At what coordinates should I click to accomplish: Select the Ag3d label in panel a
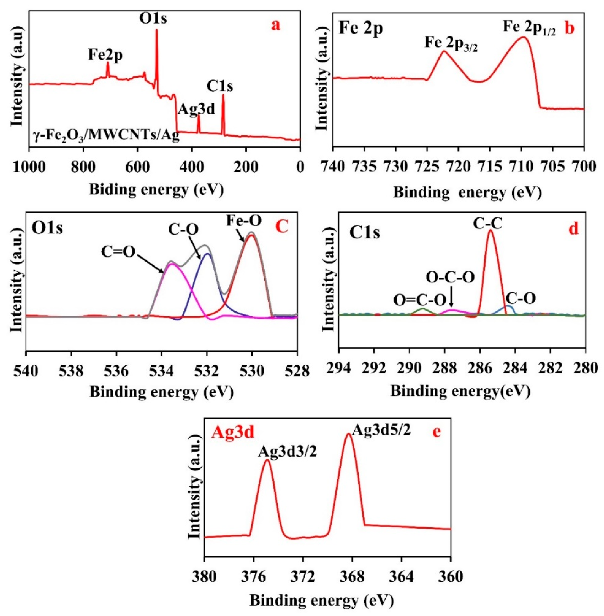pyautogui.click(x=196, y=109)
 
